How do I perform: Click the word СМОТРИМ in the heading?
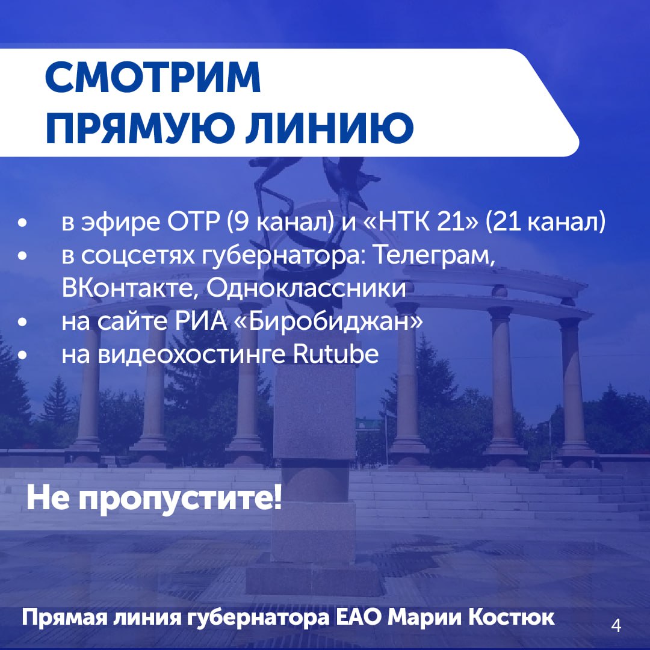coord(153,78)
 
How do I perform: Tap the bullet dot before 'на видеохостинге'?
coord(23,355)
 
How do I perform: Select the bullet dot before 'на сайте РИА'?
coord(23,323)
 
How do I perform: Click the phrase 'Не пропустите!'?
coord(154,499)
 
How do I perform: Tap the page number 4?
coord(616,626)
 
